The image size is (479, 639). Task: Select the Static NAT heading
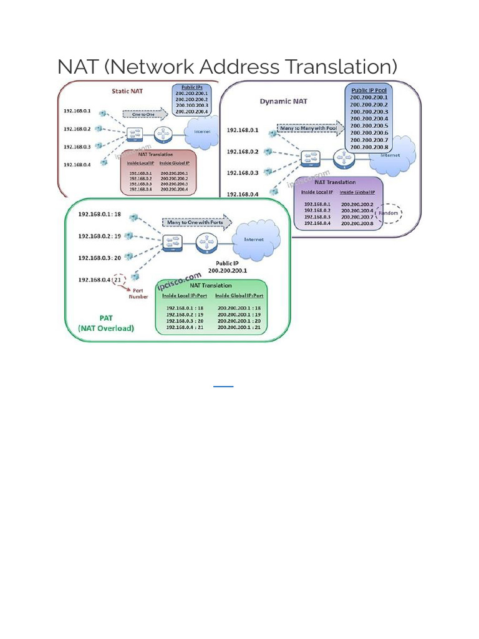pos(127,91)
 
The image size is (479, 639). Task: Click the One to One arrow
pos(144,114)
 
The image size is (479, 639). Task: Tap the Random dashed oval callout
pos(390,213)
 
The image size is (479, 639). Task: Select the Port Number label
pos(138,293)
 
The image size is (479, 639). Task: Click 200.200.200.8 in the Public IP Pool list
pos(369,147)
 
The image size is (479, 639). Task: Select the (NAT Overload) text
pos(105,328)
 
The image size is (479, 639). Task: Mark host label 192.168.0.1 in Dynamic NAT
pos(243,130)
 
